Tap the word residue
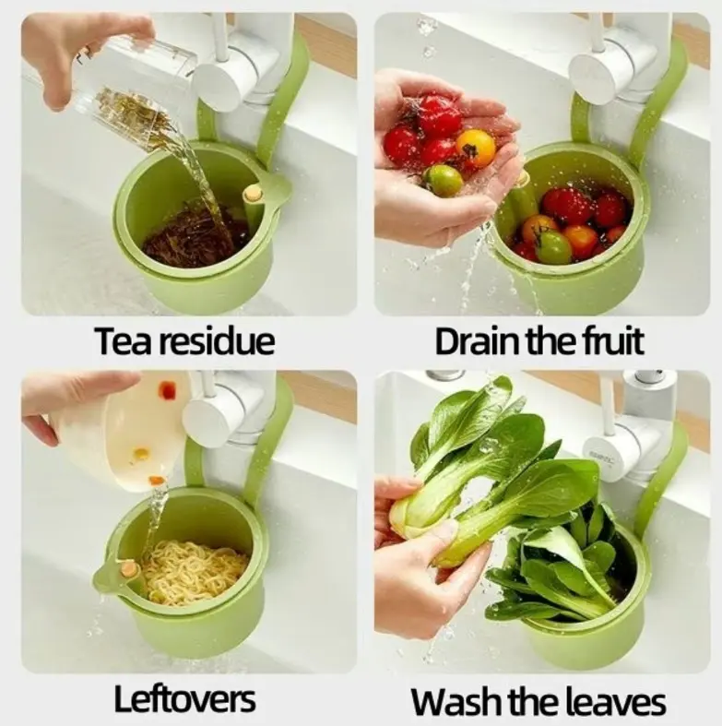point(217,340)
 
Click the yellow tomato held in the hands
point(475,149)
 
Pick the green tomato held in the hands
point(444,181)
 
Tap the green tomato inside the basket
point(553,247)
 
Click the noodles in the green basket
point(195,572)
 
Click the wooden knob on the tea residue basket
point(254,194)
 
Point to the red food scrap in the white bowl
point(167,390)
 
